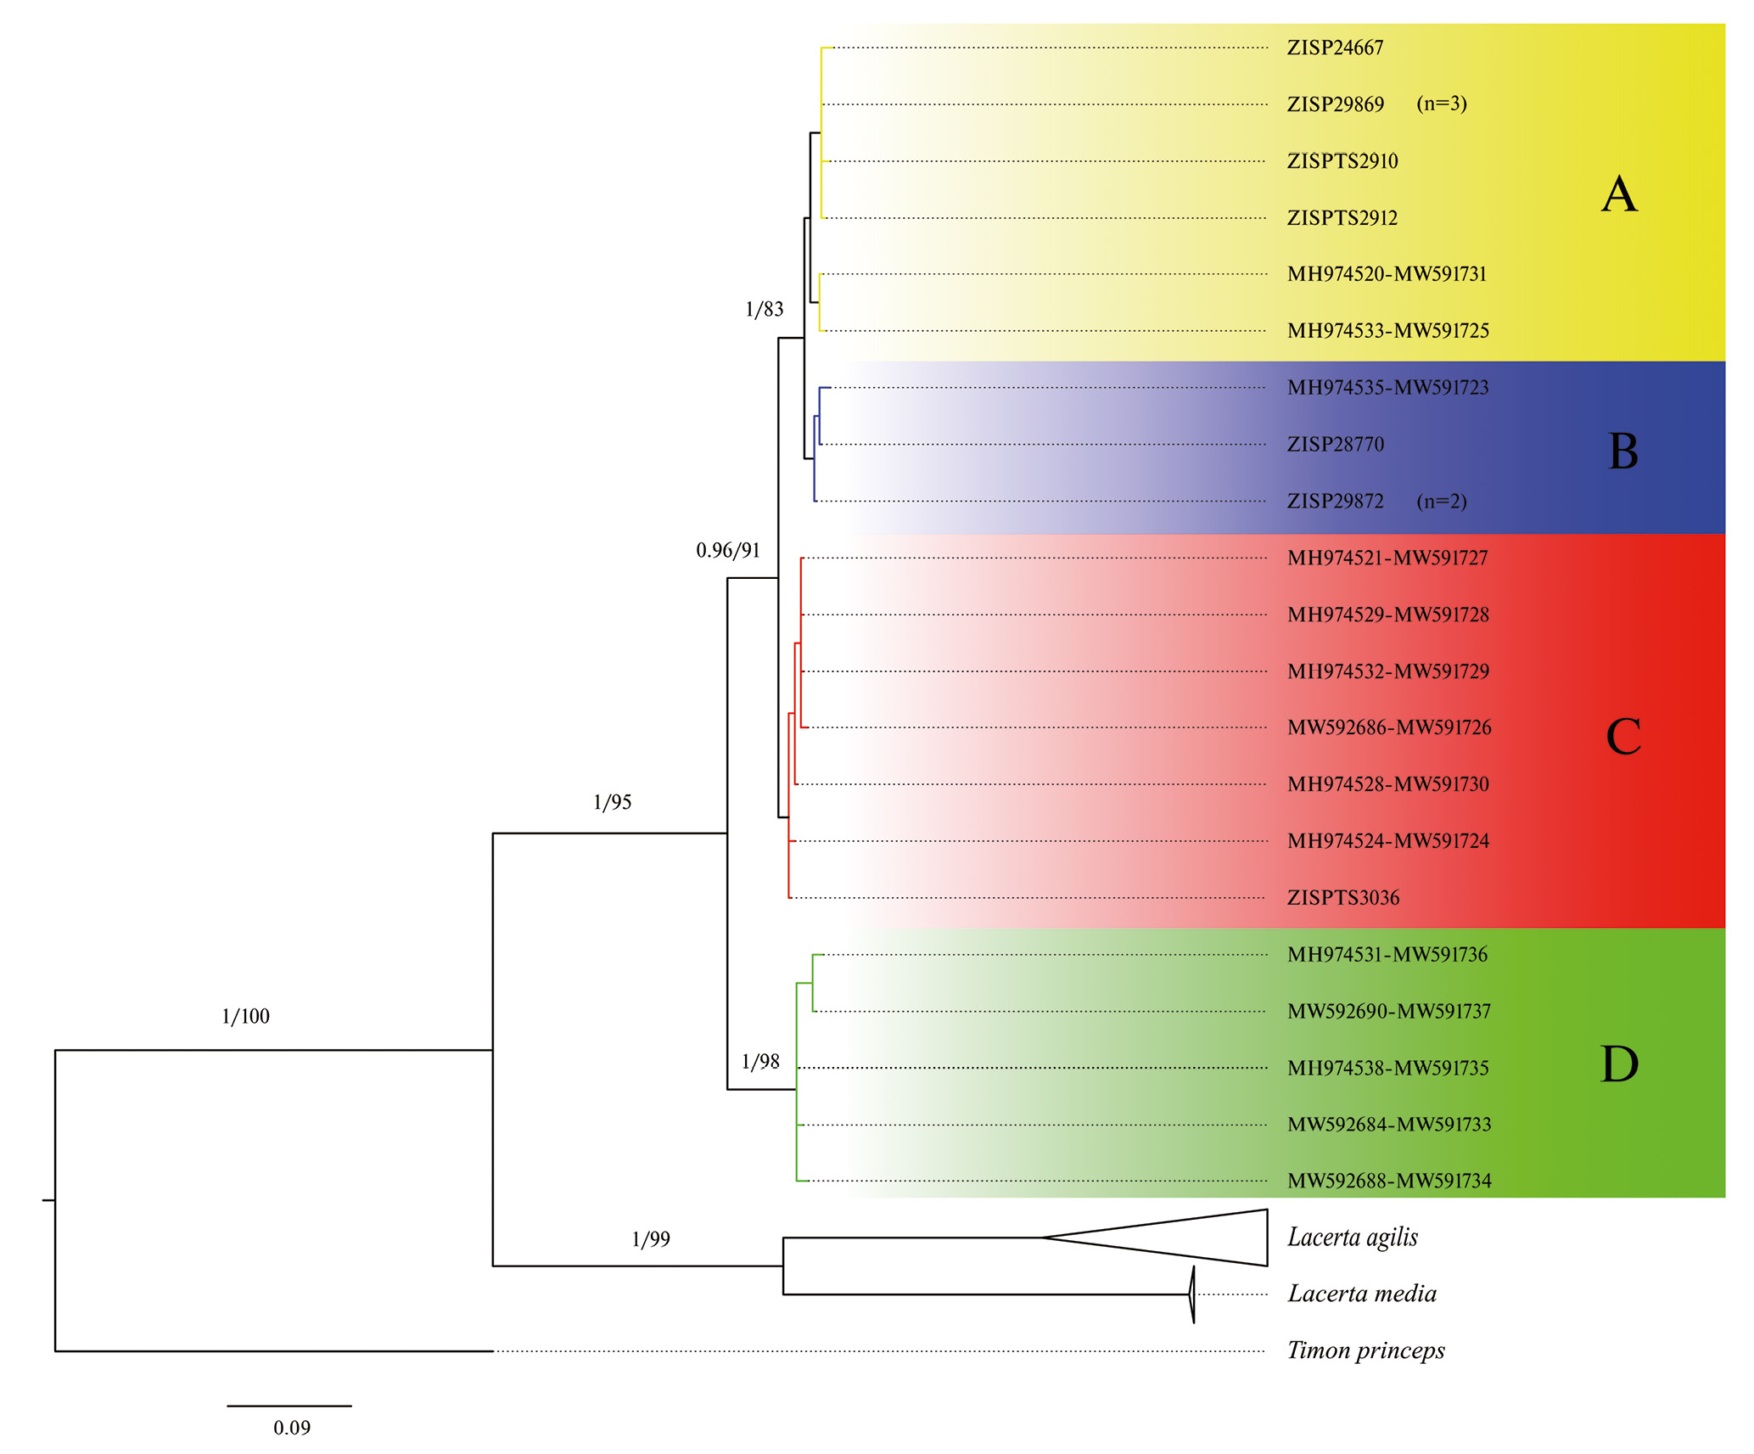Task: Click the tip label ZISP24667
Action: [1334, 48]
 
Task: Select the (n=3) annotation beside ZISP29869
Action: [1441, 104]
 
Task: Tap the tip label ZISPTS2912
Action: [1342, 218]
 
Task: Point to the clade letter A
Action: [1618, 194]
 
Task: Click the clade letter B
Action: [1622, 451]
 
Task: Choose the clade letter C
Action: [1622, 736]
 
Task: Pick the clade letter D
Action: [1619, 1064]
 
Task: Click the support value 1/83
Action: [764, 310]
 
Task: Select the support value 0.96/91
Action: [727, 551]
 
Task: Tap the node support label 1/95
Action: [612, 803]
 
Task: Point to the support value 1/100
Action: [245, 1017]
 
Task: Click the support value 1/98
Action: [759, 1062]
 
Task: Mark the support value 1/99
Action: [651, 1239]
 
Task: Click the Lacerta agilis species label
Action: [1352, 1238]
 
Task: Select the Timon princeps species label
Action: [1365, 1350]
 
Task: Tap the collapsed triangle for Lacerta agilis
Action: [1188, 1238]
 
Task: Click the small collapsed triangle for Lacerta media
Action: [1191, 1294]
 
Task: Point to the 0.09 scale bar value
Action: [291, 1428]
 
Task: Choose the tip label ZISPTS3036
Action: [1342, 898]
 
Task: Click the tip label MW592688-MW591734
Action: [1388, 1181]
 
